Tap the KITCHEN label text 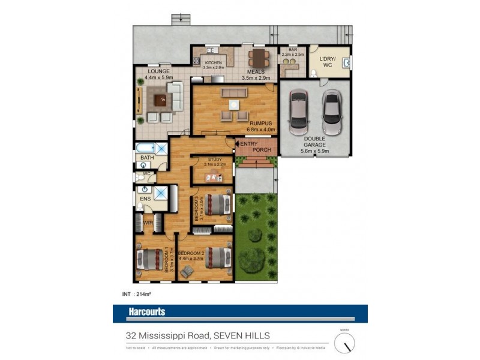(214, 62)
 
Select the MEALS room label (255, 71)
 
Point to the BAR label (293, 50)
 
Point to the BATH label (146, 158)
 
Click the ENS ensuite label (145, 197)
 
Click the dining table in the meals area (259, 58)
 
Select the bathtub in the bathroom (146, 147)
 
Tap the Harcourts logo (147, 312)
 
